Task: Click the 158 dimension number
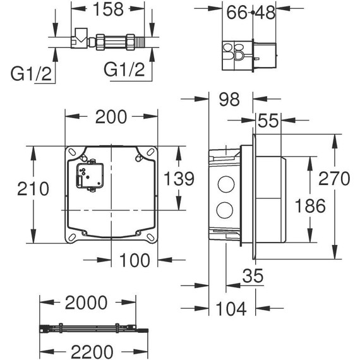tap(110, 11)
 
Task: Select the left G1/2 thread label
tap(31, 68)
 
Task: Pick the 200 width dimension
tap(112, 116)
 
